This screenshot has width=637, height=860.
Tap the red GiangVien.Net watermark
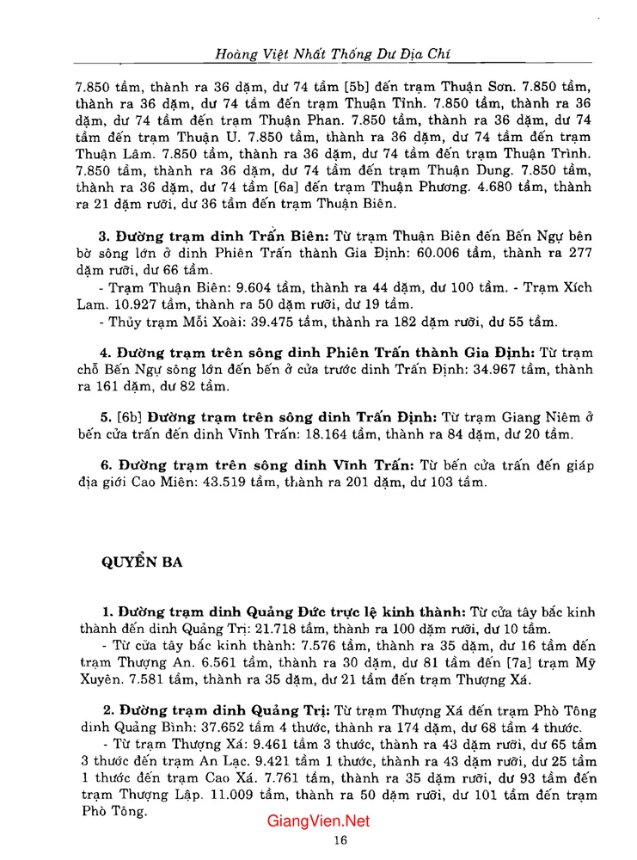pyautogui.click(x=319, y=821)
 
